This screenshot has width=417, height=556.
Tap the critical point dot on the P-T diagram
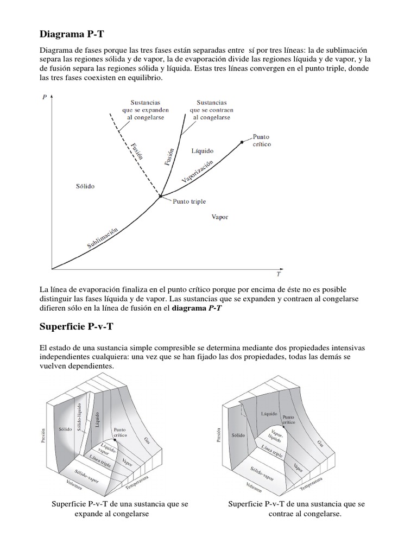pyautogui.click(x=242, y=142)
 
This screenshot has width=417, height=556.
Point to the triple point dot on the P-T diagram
pyautogui.click(x=160, y=196)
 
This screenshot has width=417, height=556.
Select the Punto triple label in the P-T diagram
pyautogui.click(x=189, y=201)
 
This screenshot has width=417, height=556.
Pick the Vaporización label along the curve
pyautogui.click(x=197, y=172)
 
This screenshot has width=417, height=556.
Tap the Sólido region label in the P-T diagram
pyautogui.click(x=85, y=186)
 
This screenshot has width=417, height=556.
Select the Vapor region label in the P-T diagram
pyautogui.click(x=219, y=217)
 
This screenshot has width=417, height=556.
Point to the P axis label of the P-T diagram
pyautogui.click(x=43, y=97)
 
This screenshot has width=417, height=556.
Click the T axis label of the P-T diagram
pyautogui.click(x=279, y=275)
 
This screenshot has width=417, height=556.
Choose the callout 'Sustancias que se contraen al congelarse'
pyautogui.click(x=212, y=109)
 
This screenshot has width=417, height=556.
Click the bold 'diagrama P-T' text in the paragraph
pyautogui.click(x=197, y=308)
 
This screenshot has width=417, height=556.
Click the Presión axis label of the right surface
pyautogui.click(x=218, y=436)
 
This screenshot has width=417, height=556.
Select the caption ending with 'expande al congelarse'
pyautogui.click(x=119, y=509)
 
